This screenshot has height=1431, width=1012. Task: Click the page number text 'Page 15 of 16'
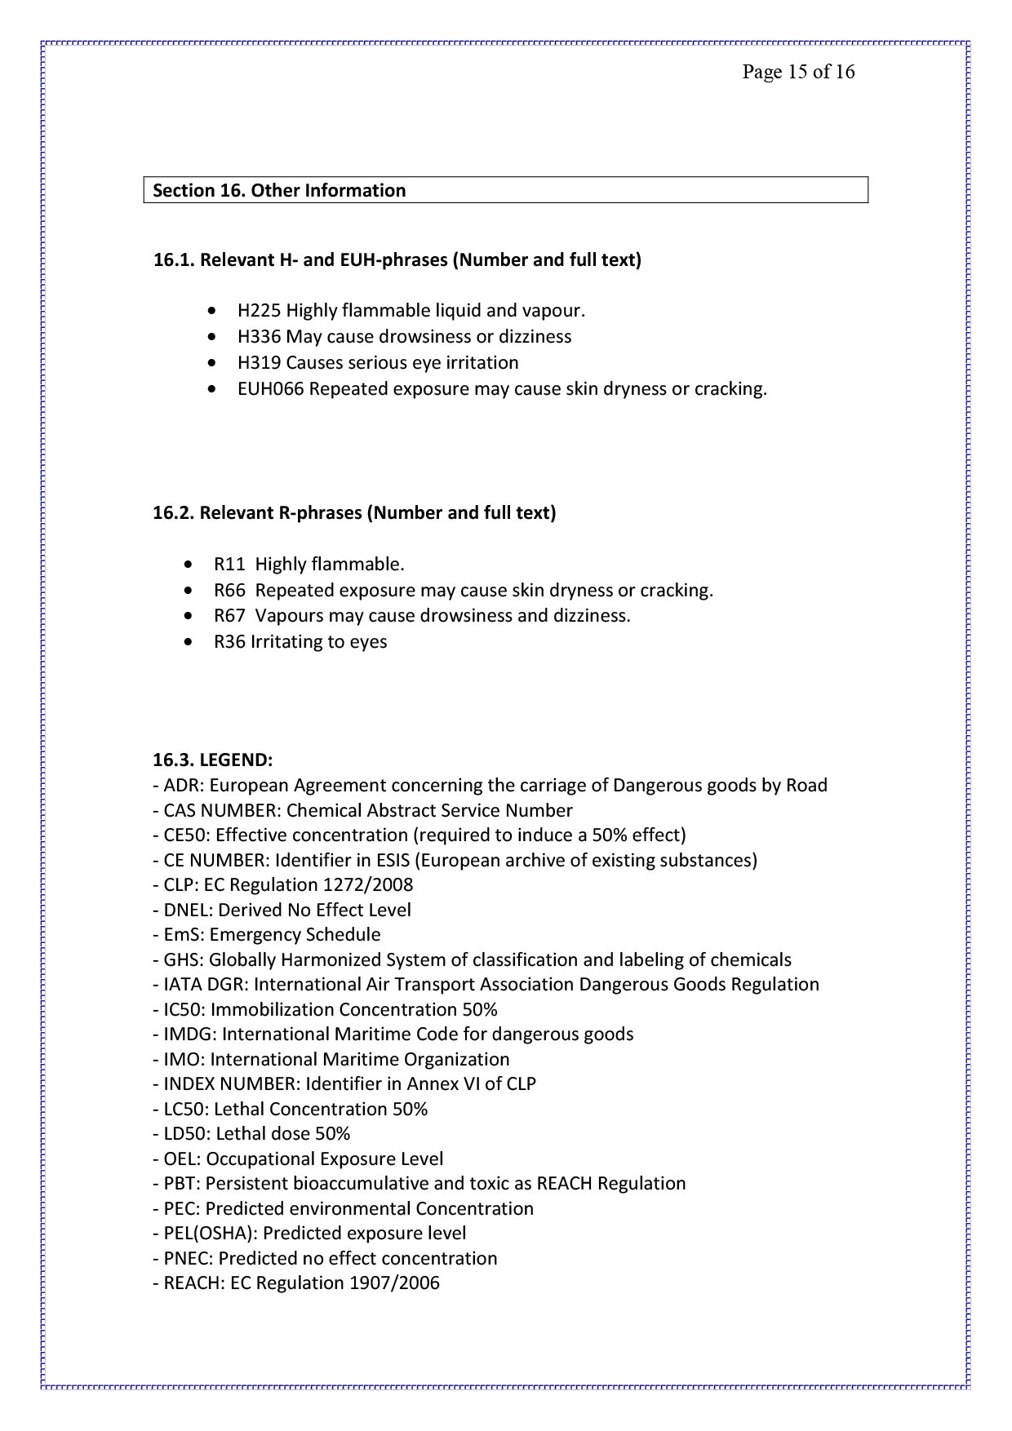tap(797, 72)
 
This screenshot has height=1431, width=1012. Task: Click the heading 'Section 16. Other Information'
tap(279, 190)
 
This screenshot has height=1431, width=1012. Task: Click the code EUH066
tap(270, 389)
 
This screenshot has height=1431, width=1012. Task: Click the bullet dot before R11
tap(189, 565)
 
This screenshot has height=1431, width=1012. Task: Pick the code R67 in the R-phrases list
tap(229, 616)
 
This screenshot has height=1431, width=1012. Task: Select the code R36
tap(229, 642)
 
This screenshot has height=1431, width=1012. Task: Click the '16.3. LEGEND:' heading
tap(212, 760)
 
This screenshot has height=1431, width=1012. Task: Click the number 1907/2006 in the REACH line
tap(394, 1283)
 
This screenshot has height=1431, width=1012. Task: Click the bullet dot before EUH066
tap(213, 390)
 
